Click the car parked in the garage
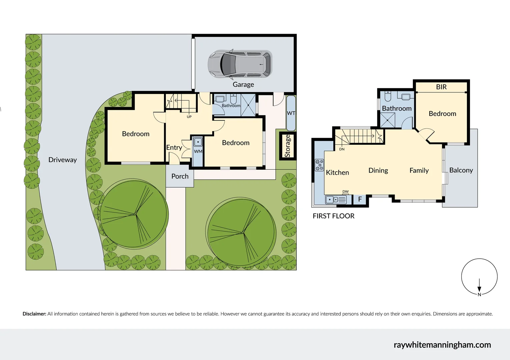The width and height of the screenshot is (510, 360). (x=240, y=64)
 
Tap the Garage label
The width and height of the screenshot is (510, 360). (x=243, y=85)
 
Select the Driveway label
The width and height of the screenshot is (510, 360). (x=62, y=160)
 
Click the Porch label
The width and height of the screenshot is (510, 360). (x=180, y=176)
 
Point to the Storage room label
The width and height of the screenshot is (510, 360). (x=288, y=146)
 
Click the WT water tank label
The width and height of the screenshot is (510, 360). (x=291, y=113)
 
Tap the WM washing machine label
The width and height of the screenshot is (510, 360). (x=198, y=151)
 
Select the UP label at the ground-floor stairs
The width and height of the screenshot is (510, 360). (x=189, y=117)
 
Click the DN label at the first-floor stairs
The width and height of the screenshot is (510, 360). (x=342, y=149)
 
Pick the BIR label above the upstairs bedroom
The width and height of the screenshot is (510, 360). (x=441, y=87)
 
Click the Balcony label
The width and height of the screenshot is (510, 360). (x=461, y=170)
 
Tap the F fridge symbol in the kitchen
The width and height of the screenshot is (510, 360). (x=360, y=199)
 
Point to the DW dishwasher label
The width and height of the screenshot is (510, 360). (x=346, y=192)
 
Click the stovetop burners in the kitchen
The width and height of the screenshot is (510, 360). (x=319, y=165)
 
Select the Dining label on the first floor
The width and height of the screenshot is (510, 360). (x=378, y=171)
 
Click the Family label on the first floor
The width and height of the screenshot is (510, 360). (x=419, y=171)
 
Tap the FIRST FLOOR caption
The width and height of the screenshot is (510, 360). (x=333, y=216)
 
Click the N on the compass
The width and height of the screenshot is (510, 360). (x=479, y=294)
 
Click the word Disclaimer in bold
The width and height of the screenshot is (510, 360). (x=34, y=314)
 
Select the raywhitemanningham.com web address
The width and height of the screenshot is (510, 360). (x=442, y=345)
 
